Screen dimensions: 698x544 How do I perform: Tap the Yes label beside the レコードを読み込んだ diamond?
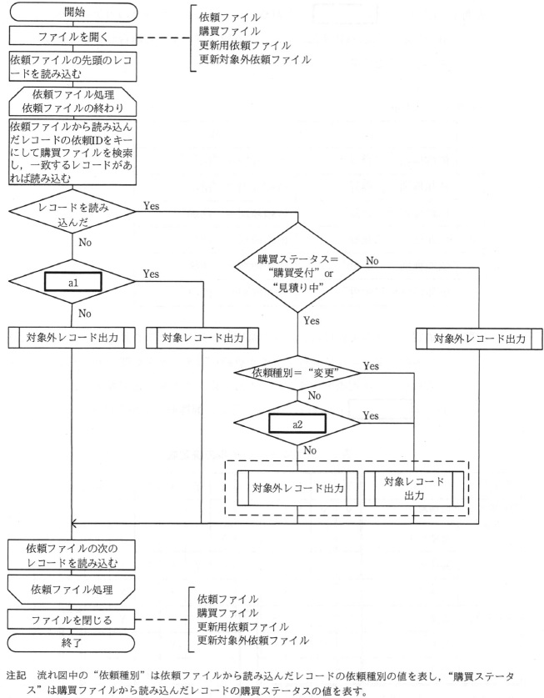[x=152, y=205]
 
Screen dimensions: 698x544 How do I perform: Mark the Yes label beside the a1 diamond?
[x=152, y=274]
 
